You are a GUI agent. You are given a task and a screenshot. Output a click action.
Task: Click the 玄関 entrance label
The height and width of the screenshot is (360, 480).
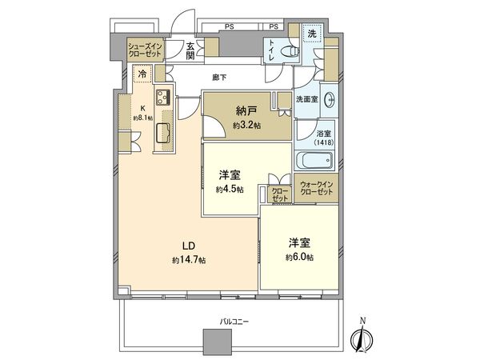(191, 51)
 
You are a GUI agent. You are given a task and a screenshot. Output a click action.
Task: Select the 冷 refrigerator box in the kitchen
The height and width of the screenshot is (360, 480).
(142, 74)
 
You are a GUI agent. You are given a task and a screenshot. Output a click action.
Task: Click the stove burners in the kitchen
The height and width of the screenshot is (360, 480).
(163, 99)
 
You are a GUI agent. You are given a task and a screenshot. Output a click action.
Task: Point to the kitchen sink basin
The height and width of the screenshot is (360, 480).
(162, 132)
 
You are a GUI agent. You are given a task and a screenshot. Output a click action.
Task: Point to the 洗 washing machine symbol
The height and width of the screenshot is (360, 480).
(312, 34)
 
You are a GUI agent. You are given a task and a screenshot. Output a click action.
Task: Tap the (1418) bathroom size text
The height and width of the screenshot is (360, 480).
(324, 142)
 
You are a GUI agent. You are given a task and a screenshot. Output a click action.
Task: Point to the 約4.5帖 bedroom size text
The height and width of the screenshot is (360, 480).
(230, 190)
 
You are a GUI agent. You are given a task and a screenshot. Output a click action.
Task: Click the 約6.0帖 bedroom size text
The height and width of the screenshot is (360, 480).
(299, 257)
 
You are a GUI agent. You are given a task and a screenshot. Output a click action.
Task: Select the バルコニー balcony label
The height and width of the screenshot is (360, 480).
(235, 321)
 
